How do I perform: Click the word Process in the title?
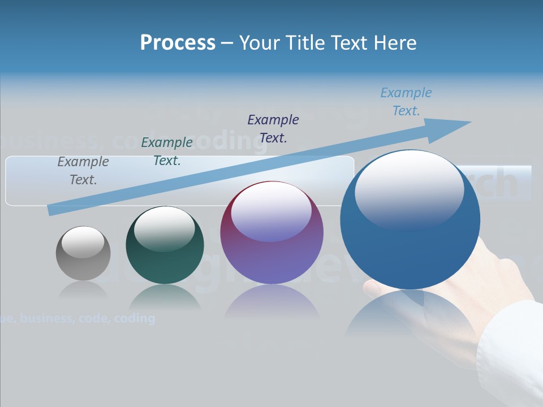click(x=178, y=43)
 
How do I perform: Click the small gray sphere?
click(x=83, y=253)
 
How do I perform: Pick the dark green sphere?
click(x=165, y=245)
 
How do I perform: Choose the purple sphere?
click(x=272, y=232)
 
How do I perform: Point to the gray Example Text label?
click(x=83, y=171)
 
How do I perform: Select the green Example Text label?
click(x=167, y=151)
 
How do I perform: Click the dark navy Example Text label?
click(x=273, y=128)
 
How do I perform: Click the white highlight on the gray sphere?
click(x=83, y=242)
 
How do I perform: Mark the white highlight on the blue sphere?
click(x=409, y=189)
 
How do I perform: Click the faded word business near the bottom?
click(x=46, y=318)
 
